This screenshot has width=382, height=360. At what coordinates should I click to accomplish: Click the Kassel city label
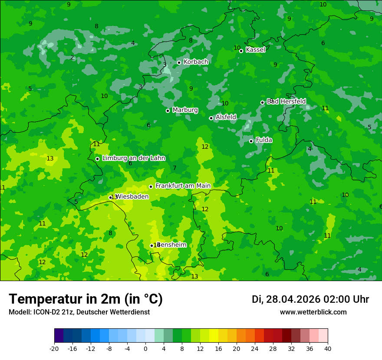(x=255, y=50)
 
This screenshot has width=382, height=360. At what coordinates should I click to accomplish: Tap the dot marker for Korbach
(x=179, y=62)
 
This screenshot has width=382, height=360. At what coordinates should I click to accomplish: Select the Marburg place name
(x=185, y=110)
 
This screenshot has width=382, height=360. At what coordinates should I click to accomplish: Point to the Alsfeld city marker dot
(x=211, y=118)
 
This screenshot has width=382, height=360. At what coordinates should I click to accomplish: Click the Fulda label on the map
(x=264, y=140)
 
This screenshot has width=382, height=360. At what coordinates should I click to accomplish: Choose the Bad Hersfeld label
(x=286, y=101)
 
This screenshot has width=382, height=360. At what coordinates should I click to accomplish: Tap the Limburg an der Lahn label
(x=133, y=158)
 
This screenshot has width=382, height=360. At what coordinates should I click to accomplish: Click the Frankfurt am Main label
(x=183, y=186)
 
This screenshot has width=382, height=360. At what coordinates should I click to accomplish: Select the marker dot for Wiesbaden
(x=110, y=197)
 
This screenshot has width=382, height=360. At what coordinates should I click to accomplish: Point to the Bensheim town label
(x=172, y=245)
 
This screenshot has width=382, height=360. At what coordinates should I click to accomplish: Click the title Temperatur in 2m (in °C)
(x=86, y=299)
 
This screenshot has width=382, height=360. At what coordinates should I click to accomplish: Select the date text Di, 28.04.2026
(x=286, y=299)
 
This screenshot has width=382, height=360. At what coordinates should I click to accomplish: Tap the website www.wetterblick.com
(x=313, y=312)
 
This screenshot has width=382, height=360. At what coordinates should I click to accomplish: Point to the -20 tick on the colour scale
(x=54, y=348)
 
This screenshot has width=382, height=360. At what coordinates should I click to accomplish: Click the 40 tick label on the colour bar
(x=328, y=348)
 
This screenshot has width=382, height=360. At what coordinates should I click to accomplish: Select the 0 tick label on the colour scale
(x=145, y=348)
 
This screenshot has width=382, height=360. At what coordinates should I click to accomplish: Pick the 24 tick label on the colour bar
(x=255, y=348)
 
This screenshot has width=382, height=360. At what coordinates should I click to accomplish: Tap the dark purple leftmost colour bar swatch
(x=59, y=336)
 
